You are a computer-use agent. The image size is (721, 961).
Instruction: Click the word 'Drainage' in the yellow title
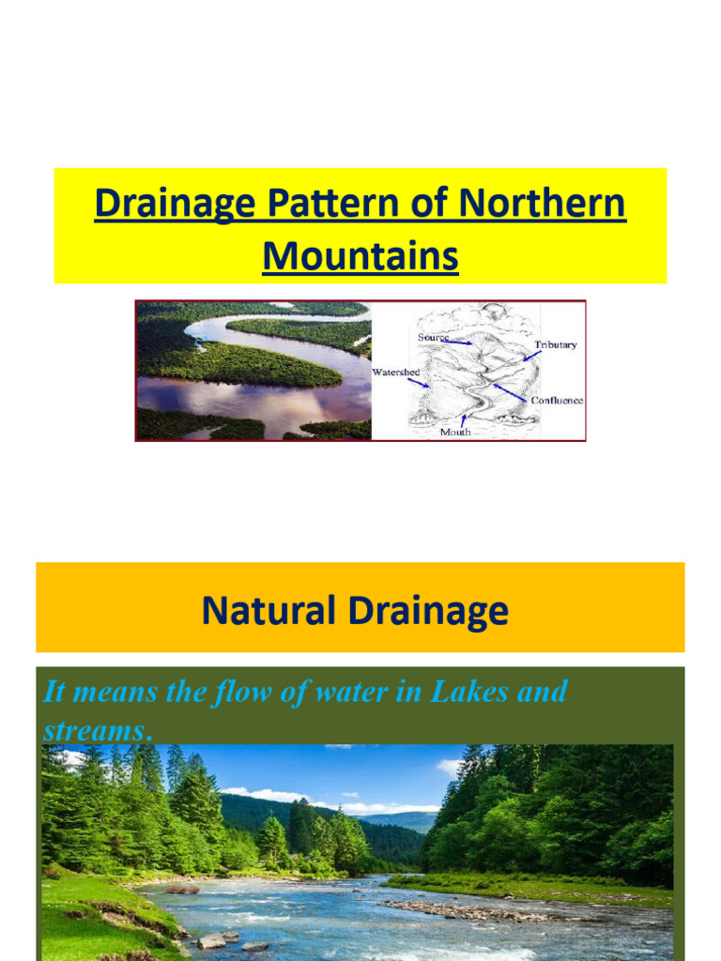click(173, 205)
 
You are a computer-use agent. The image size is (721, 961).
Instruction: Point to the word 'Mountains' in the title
click(360, 254)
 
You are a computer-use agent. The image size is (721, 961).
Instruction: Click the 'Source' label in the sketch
click(433, 336)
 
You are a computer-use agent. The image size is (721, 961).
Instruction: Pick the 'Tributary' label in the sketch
click(556, 344)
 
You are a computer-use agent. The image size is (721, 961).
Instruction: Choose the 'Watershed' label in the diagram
click(395, 373)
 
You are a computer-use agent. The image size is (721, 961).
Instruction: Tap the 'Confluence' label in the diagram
click(557, 400)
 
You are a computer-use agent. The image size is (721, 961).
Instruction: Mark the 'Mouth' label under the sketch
click(455, 433)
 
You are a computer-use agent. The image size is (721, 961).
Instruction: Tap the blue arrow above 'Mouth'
click(462, 419)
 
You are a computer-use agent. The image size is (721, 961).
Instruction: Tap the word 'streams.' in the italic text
click(98, 730)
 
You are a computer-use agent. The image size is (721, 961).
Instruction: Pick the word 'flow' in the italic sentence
click(218, 692)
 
